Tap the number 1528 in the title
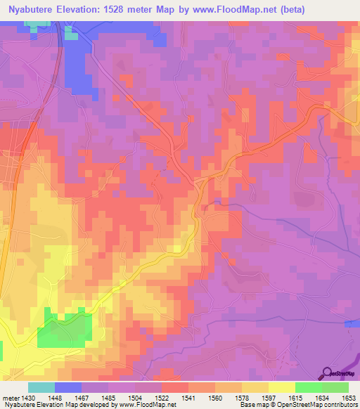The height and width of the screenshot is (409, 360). tap(139, 11)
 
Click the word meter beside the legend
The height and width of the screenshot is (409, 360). tap(11, 398)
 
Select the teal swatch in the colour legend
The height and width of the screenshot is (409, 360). tap(41, 387)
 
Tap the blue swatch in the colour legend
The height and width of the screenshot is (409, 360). tap(68, 387)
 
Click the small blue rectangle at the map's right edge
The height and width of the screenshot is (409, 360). tap(352, 323)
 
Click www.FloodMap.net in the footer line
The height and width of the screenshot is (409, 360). tap(144, 405)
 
